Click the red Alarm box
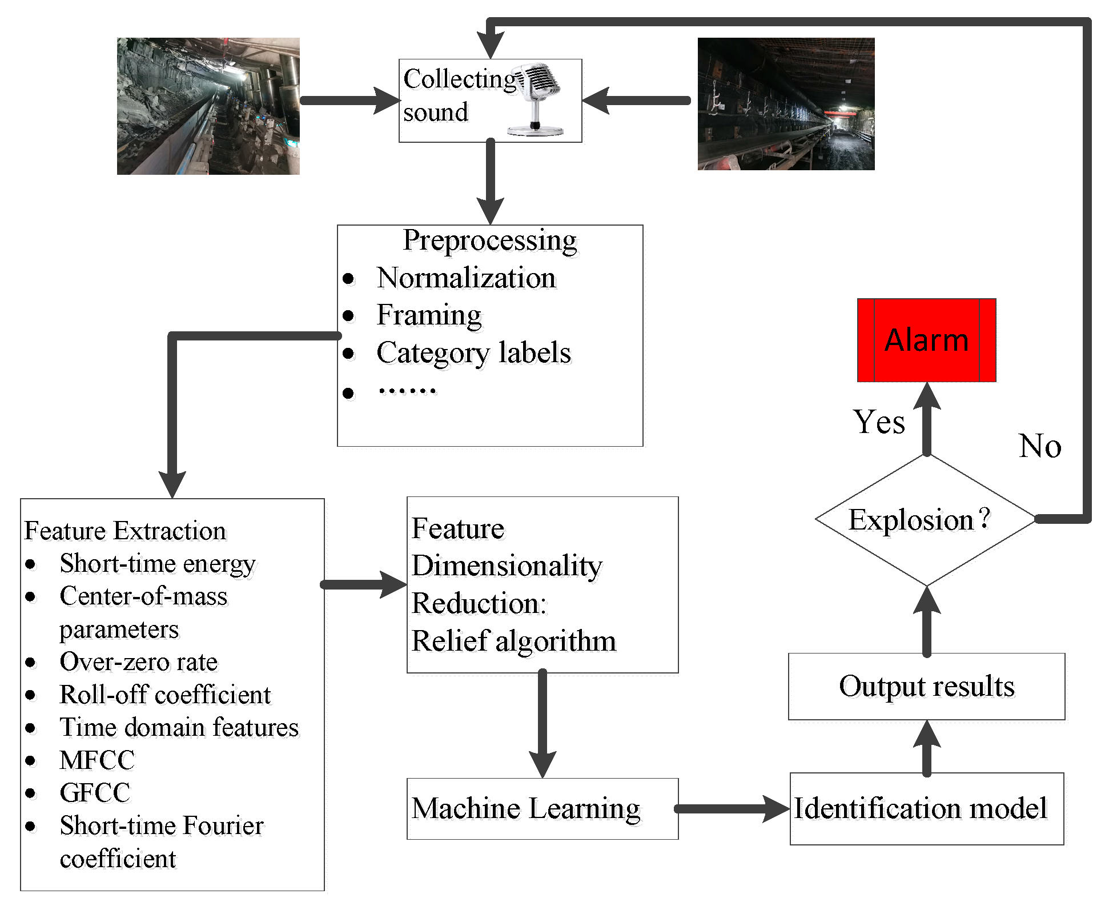click(x=926, y=340)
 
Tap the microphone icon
click(x=537, y=99)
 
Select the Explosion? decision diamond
click(x=925, y=519)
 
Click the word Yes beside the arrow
click(x=879, y=422)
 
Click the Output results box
click(x=926, y=686)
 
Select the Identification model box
click(x=926, y=808)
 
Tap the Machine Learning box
click(x=541, y=808)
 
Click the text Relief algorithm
click(x=514, y=640)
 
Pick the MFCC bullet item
click(x=97, y=760)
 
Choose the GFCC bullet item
click(x=95, y=793)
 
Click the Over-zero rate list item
click(x=138, y=662)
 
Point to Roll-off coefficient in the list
click(x=164, y=695)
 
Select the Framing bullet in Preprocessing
click(x=429, y=315)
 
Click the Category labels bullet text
click(x=473, y=352)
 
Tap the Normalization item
click(x=466, y=278)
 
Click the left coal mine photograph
click(x=208, y=106)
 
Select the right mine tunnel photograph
click(x=786, y=104)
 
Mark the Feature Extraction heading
click(x=125, y=531)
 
